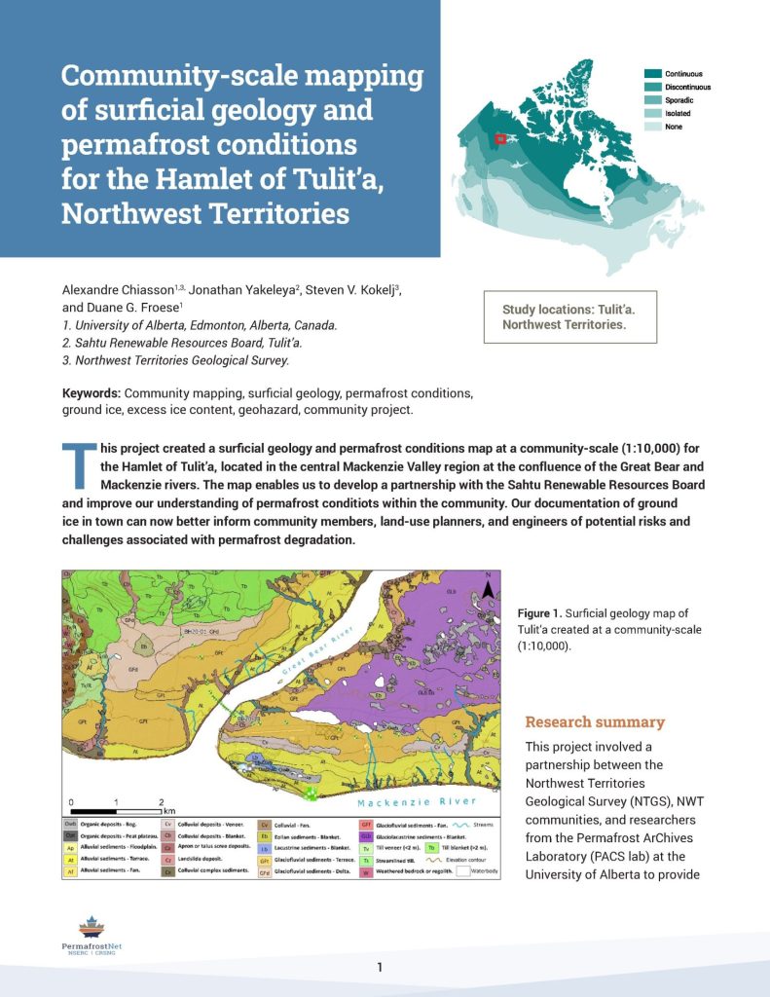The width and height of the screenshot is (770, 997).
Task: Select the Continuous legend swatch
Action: point(652,74)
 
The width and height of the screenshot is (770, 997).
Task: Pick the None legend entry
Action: point(674,128)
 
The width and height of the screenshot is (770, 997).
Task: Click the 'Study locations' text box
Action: point(569,316)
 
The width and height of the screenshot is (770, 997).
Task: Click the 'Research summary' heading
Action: point(595,721)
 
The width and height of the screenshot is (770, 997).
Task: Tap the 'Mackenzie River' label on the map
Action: point(416,801)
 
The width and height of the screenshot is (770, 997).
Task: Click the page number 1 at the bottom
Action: point(381,967)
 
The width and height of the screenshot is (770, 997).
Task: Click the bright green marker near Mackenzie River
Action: point(312,794)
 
